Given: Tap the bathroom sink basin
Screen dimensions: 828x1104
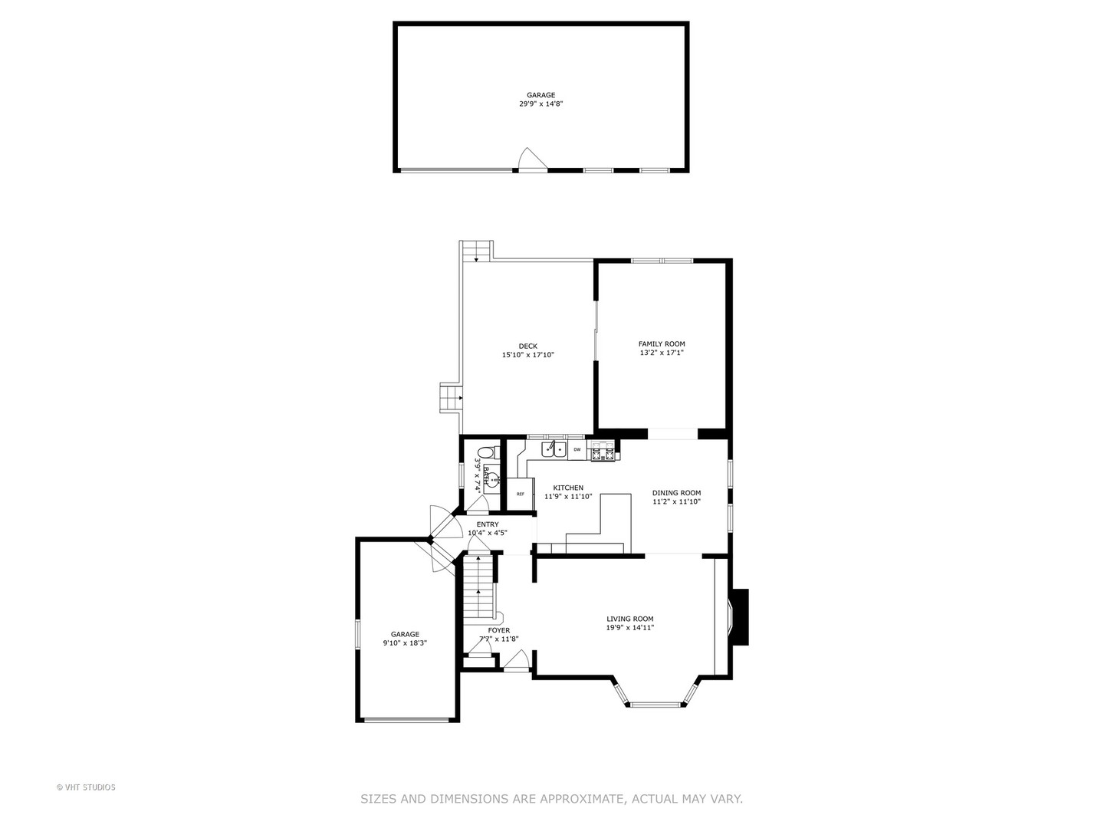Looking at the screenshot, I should coord(491,481).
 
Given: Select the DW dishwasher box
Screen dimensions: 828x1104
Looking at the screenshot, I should coord(577,449).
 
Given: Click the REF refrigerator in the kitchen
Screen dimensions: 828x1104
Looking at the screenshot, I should coord(521,494).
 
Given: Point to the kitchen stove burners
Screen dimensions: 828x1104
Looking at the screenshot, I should coord(602,451).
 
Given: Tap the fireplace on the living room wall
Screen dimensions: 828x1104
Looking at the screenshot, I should coord(738,617).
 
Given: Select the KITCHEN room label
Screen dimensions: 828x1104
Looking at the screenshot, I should coord(568,488).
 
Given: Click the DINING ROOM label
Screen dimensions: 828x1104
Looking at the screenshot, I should coord(676,493).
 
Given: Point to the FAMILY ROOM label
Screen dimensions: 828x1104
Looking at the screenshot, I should coord(662,344).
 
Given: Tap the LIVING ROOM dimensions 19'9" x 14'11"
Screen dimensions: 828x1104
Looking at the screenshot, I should coord(629,628).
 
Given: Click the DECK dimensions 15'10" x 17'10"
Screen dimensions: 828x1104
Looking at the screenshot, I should coord(527,355).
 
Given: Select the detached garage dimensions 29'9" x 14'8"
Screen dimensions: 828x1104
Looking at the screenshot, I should coord(540,103).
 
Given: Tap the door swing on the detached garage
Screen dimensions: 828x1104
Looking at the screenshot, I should coord(530,159).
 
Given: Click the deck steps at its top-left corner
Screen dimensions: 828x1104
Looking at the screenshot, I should coord(476,251).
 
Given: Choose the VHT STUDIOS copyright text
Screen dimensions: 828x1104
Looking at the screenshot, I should coord(86,787).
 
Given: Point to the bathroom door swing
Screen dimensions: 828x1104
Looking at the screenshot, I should coord(479,504).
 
